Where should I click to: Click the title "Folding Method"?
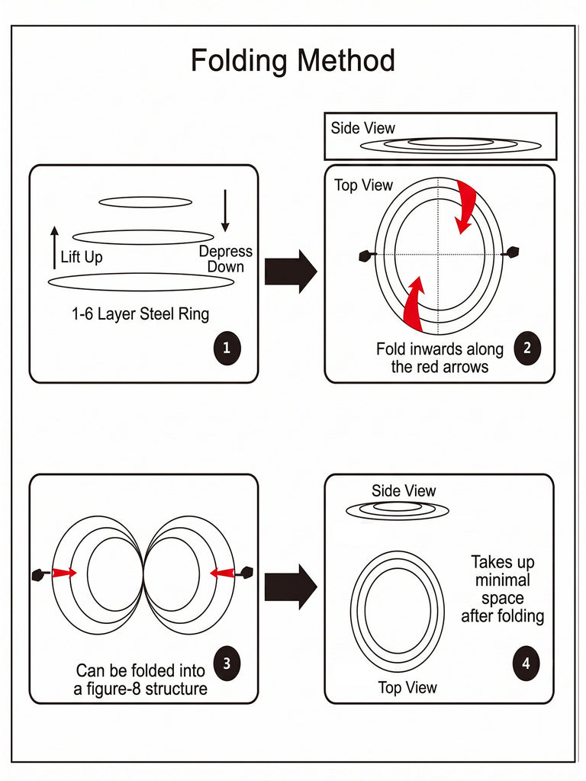click(x=293, y=60)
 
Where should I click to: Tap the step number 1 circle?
click(x=227, y=348)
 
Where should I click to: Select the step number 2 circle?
click(x=526, y=348)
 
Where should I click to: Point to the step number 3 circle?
click(x=227, y=664)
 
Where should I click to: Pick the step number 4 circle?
click(x=526, y=664)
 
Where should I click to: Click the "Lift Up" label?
click(x=81, y=257)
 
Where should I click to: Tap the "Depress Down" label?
click(x=226, y=259)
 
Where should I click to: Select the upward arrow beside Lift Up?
click(x=54, y=248)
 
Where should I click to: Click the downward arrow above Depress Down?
click(x=225, y=211)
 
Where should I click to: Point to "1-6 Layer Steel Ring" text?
click(x=140, y=313)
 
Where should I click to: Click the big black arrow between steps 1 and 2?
click(x=291, y=272)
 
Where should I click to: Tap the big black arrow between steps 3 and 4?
click(x=291, y=587)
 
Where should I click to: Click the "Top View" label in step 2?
click(x=364, y=185)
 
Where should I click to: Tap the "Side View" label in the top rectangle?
click(x=362, y=128)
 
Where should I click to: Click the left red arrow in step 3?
click(x=64, y=573)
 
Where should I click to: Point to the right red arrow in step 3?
click(x=222, y=573)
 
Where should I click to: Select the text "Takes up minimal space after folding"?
click(x=502, y=589)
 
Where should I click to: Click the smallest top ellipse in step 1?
click(x=145, y=198)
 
